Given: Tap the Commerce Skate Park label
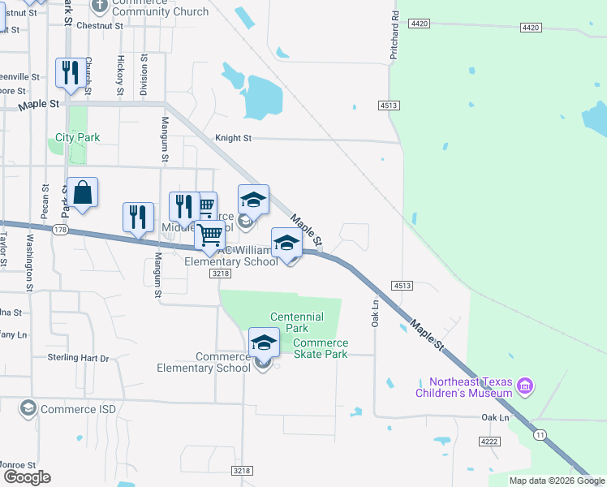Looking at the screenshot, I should point(320,348).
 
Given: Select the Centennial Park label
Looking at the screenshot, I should point(296,323).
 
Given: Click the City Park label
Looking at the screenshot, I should point(78,137).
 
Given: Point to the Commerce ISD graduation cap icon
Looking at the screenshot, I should point(28,408).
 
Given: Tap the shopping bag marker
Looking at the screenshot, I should point(83,192).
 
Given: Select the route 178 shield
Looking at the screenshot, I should point(59,231).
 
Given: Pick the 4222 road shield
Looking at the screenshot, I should point(489,442).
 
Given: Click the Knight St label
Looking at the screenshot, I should point(233,138).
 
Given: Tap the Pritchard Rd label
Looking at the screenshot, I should point(394,36).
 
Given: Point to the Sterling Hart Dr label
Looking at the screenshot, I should point(78,358).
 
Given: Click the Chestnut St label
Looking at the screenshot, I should point(99,25).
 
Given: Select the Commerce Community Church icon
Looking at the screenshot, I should point(100,6).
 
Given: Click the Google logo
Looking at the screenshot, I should point(26,477).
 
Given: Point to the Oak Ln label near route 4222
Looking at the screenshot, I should point(494,417).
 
